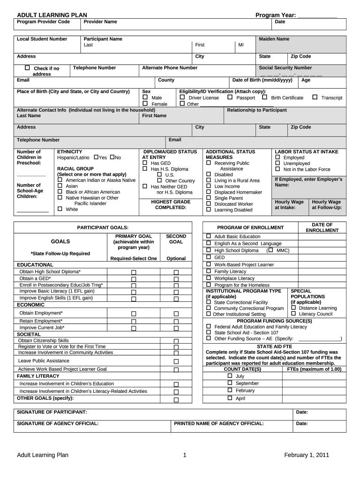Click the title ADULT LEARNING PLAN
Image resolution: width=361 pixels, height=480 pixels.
(52, 15)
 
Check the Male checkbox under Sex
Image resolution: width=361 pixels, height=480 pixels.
(145, 97)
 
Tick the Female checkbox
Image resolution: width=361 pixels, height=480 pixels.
(145, 104)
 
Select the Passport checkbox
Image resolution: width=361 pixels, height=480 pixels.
(230, 97)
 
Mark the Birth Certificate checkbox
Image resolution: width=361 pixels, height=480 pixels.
(264, 97)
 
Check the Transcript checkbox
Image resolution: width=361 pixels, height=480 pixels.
(315, 97)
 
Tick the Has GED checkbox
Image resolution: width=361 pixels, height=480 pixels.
(145, 163)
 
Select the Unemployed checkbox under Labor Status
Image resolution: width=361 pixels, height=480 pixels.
(278, 163)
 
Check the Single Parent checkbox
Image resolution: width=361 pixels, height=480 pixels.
(209, 198)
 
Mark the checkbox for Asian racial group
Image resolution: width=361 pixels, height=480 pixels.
(60, 186)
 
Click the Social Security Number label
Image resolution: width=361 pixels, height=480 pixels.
(285, 67)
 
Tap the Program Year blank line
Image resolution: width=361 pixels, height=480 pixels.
(317, 15)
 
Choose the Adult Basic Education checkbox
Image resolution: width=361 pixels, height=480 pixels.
(209, 236)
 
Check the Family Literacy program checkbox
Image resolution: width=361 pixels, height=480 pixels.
(209, 271)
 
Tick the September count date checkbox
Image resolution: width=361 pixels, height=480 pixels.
(230, 383)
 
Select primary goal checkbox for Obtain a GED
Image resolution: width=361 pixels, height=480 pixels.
(134, 279)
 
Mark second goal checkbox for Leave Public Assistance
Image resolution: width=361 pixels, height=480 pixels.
(176, 361)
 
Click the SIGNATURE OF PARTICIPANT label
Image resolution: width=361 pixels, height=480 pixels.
(52, 412)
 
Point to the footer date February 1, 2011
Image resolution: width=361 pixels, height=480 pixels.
(307, 455)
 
